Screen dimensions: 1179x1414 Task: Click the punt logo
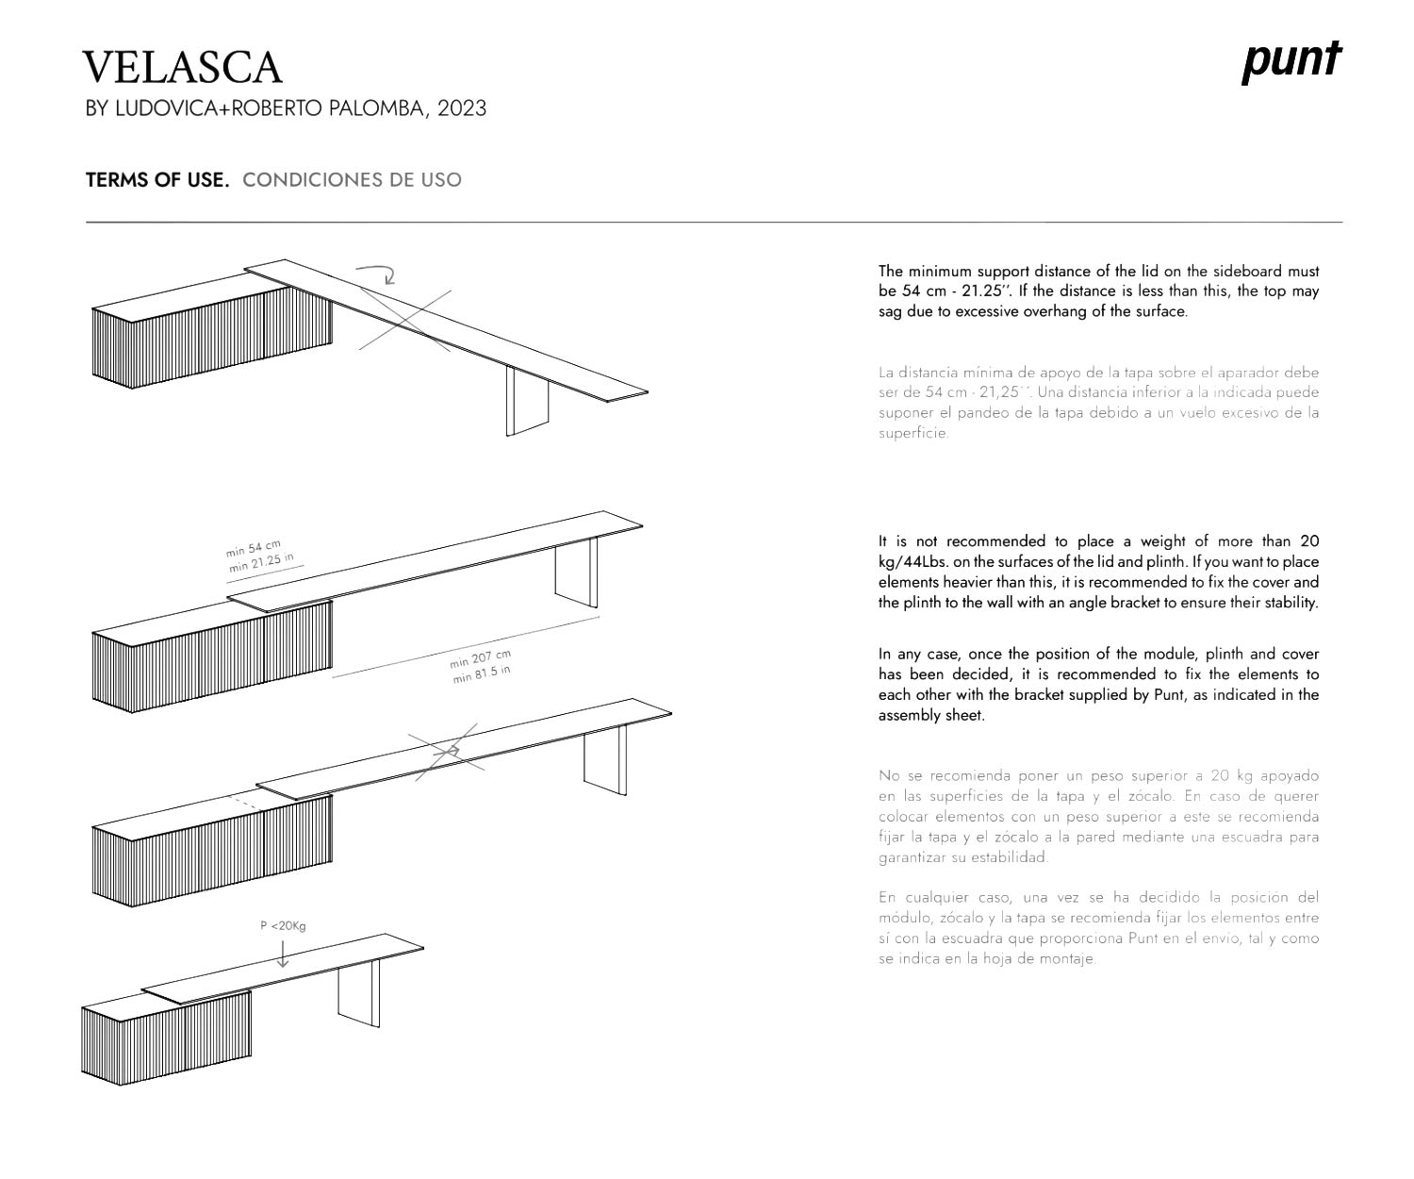tap(1291, 62)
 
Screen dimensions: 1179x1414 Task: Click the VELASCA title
tap(182, 68)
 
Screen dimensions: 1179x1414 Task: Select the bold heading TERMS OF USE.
tap(157, 180)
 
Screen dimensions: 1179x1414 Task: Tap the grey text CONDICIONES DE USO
tap(352, 180)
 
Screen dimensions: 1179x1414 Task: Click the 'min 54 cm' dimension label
tap(254, 549)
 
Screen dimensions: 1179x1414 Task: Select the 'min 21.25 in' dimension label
tap(260, 563)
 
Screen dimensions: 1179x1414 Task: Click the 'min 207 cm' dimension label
tap(480, 658)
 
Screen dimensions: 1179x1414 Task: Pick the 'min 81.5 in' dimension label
tap(482, 673)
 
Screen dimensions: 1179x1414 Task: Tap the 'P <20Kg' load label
tap(283, 926)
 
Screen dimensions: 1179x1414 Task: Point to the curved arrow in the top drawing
tap(377, 274)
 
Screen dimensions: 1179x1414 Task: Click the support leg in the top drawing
tap(527, 401)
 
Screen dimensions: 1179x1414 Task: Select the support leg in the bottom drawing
tap(358, 992)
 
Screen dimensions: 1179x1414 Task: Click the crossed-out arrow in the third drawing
tap(449, 751)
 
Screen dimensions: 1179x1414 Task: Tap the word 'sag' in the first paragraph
tap(890, 311)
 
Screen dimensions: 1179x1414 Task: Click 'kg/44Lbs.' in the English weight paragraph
tap(909, 562)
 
